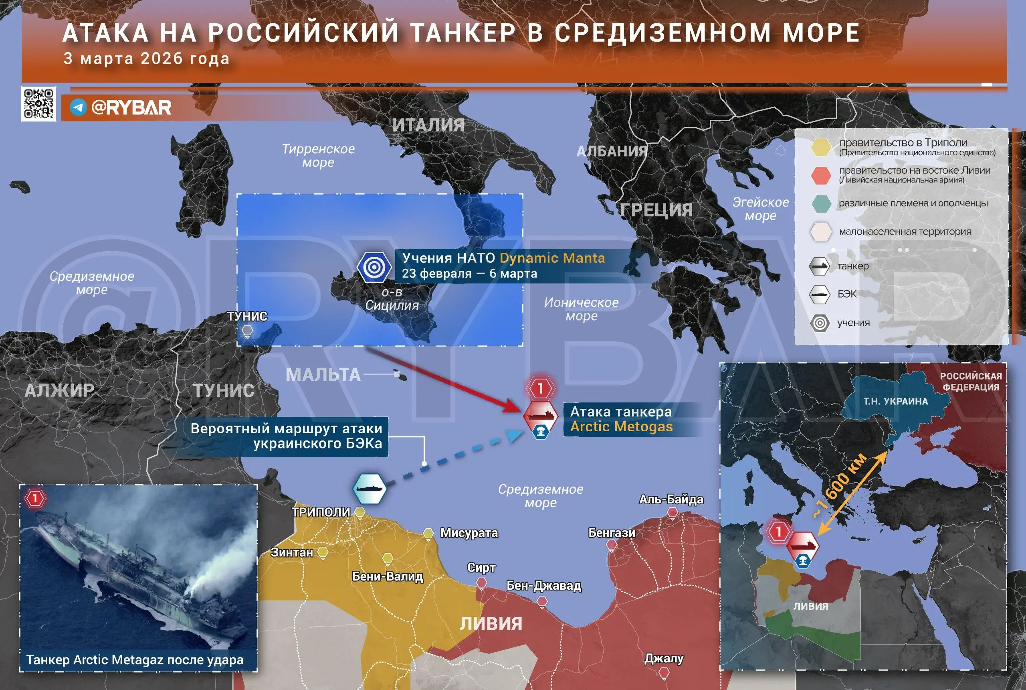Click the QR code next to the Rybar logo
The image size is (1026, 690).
38,104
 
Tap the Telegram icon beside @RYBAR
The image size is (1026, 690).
78,108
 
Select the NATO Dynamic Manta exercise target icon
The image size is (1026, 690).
374,267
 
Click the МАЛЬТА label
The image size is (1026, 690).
323,374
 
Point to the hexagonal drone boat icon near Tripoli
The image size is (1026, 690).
370,489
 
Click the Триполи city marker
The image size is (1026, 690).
360,512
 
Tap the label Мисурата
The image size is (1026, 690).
469,533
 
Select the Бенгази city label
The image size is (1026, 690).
612,533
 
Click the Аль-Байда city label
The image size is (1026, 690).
671,499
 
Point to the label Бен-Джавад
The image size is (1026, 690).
544,586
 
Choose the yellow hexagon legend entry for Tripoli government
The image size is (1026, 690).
820,147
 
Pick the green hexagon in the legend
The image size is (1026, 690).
820,204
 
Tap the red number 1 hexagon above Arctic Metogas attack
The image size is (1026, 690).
540,388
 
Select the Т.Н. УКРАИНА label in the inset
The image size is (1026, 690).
895,401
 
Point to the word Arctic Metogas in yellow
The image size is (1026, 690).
621,426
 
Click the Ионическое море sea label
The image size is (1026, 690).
581,309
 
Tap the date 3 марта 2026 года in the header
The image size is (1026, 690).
146,59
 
